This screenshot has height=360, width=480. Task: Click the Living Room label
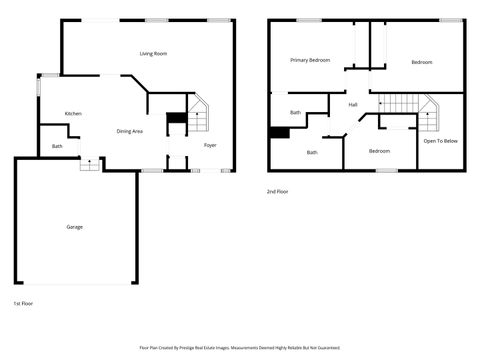[153, 53]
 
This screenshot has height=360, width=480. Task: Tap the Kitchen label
[73, 114]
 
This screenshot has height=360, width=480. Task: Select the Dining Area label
[130, 131]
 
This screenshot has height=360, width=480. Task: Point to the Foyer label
[210, 145]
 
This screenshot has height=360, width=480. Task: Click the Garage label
[75, 227]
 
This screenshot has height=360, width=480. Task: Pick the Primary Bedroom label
[310, 60]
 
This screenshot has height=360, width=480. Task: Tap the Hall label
[353, 104]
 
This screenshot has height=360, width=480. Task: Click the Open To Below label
[440, 141]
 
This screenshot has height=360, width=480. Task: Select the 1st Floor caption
[23, 302]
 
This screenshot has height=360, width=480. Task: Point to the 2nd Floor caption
[278, 191]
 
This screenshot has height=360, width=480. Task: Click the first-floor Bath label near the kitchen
[57, 147]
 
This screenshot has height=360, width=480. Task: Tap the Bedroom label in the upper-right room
[422, 62]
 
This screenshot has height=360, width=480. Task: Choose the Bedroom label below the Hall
[379, 150]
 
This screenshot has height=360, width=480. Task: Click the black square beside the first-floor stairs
[175, 119]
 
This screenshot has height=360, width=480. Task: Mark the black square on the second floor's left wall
[277, 133]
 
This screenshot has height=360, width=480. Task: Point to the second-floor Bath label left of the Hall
[295, 112]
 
